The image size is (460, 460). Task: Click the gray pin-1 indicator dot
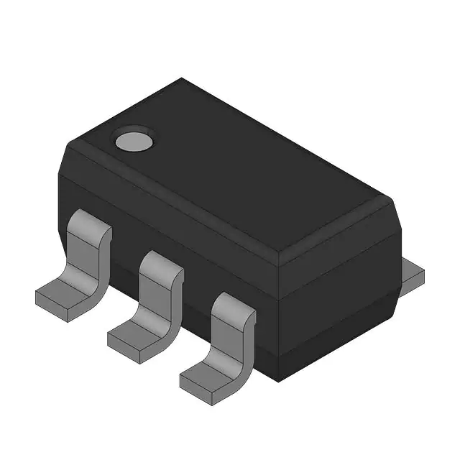(134, 141)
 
